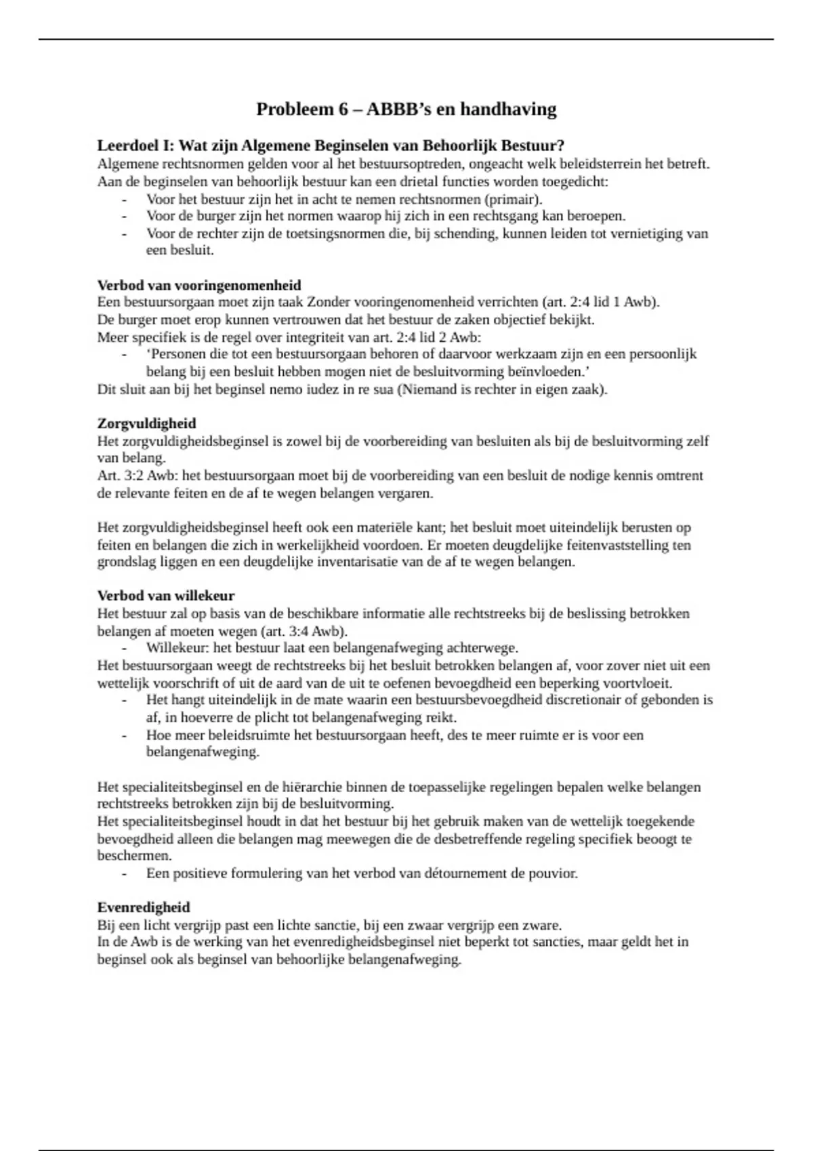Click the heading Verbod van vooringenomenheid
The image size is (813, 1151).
pyautogui.click(x=199, y=285)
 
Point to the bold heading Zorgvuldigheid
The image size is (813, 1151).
pyautogui.click(x=146, y=423)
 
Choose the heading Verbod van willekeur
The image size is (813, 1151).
pyautogui.click(x=166, y=596)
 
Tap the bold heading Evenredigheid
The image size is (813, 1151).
pyautogui.click(x=144, y=907)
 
